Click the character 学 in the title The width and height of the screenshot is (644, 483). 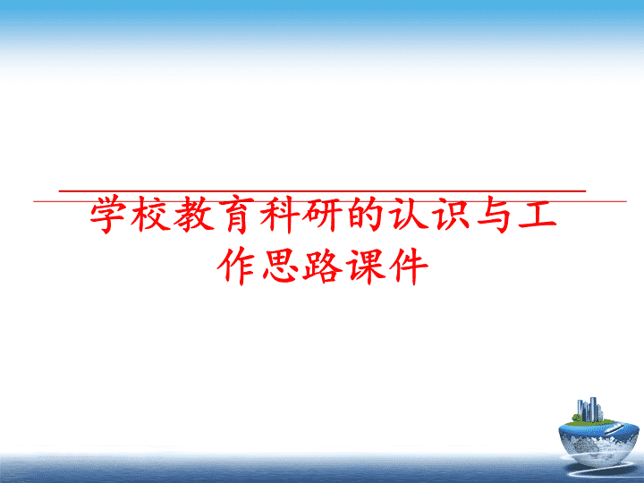point(108,215)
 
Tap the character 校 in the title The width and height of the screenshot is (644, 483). point(151,215)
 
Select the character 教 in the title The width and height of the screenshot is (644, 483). point(194,215)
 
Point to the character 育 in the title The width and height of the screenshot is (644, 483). point(237,215)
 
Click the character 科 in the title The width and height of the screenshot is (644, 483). point(280,215)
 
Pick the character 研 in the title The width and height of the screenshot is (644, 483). point(323,215)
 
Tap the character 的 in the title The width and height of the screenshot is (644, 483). point(367,214)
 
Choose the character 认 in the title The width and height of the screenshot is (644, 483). point(410,214)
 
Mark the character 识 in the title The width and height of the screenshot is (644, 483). point(453,214)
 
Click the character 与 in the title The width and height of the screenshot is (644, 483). point(496,215)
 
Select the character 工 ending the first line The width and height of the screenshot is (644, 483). point(538,214)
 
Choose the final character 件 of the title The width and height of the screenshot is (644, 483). point(410,266)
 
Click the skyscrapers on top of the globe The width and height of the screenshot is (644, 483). point(589,410)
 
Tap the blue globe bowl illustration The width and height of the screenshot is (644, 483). point(598,438)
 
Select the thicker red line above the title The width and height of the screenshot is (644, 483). point(322,191)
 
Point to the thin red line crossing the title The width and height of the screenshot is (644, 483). point(330,201)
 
